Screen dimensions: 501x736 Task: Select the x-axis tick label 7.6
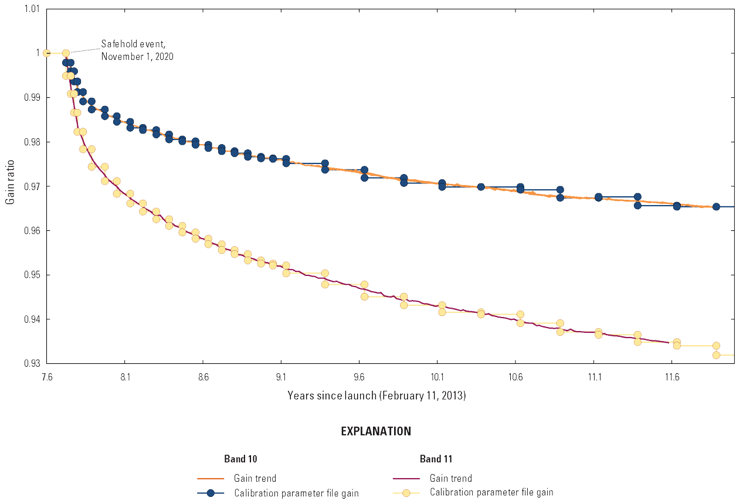[x=47, y=378]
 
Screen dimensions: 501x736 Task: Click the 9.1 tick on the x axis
[x=281, y=378]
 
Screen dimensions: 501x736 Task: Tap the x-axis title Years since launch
[x=377, y=396]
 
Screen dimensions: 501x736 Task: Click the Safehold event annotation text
[x=137, y=50]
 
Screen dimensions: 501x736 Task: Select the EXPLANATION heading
[x=376, y=431]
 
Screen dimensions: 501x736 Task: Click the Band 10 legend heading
[x=240, y=459]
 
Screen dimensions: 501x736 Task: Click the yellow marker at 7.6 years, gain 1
[x=47, y=53]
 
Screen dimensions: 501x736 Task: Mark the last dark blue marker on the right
[x=716, y=207]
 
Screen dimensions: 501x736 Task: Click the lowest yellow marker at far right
[x=716, y=355]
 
